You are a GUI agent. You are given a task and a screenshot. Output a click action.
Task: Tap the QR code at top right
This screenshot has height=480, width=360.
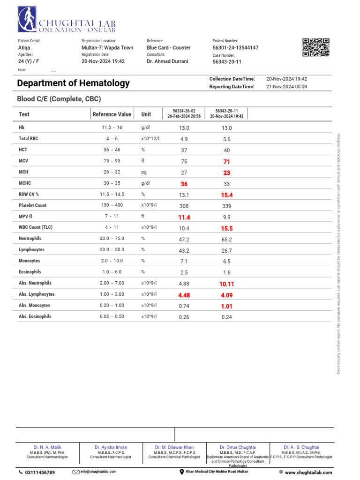point(315,48)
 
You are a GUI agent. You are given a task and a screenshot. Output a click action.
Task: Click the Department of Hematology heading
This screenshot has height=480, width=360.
point(73,83)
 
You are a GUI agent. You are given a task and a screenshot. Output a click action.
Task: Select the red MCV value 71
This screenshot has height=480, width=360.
point(227,162)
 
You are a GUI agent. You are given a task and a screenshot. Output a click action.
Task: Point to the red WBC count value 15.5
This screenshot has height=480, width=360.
point(227,228)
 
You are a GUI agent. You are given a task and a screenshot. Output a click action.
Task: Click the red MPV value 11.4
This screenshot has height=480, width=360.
point(184,217)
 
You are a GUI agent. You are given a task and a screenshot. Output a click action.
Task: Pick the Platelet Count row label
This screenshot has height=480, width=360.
point(32,205)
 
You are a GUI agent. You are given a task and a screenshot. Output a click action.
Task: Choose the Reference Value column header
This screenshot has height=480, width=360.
point(112,114)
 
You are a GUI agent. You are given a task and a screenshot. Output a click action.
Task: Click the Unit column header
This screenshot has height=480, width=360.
point(146,114)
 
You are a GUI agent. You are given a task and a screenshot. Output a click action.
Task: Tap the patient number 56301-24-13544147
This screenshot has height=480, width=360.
point(235,48)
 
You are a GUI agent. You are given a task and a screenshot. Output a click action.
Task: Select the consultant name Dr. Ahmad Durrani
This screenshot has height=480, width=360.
point(167,61)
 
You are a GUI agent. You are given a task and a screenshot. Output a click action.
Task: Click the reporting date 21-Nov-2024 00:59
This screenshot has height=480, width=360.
point(286,87)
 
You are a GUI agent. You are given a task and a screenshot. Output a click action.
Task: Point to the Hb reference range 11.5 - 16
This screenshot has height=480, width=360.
point(112,127)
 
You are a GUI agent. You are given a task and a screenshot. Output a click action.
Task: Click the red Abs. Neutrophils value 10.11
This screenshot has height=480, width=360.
point(227,284)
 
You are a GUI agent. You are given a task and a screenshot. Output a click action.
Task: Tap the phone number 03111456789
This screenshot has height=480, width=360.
point(40,472)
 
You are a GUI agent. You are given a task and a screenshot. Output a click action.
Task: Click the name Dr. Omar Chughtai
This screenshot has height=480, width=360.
point(238,448)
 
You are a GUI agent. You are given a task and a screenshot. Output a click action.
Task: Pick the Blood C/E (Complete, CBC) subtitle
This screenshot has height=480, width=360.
point(59,99)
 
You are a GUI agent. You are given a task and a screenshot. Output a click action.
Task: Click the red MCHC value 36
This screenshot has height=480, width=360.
point(184,184)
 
